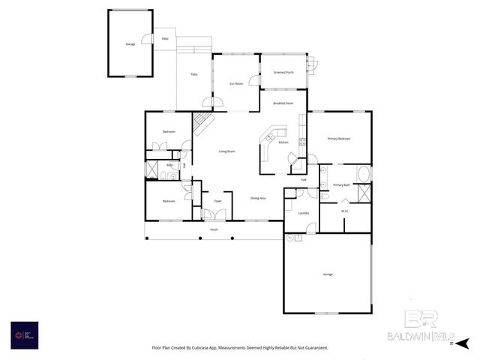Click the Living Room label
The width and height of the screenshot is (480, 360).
coord(226,152)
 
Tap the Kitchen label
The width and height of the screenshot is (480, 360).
coord(283,142)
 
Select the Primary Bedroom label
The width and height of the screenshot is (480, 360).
coord(339,139)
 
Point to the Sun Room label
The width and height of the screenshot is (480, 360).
coord(235,84)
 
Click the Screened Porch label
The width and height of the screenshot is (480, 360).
coord(283,73)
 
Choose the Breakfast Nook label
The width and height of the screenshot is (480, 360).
coord(283,103)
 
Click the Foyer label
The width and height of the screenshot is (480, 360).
coord(217,202)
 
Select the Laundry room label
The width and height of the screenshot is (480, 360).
coord(304,213)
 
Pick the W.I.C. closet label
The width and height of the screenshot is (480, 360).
coord(345,211)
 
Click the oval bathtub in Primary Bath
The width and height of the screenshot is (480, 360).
coord(363,174)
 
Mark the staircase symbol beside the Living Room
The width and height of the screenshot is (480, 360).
coord(204,123)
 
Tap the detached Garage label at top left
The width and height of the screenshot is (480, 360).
coord(130,45)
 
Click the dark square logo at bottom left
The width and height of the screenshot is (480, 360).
coord(24,334)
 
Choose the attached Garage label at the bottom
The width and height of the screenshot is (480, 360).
coord(328,275)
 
